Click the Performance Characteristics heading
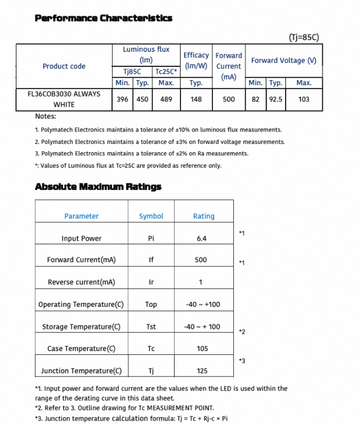coord(103,18)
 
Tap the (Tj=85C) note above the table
coord(304,37)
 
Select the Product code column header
coord(64,66)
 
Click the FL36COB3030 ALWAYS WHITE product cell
coord(64,99)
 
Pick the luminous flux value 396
coord(122,99)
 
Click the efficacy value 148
coord(196,99)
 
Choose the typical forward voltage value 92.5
coord(276,99)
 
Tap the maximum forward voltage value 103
coord(304,99)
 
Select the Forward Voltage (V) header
coord(283,60)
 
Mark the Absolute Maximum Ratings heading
coord(98,187)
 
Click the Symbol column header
coord(151,216)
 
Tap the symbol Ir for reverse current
coord(151,282)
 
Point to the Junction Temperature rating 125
coord(202,371)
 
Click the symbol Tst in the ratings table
coord(151,327)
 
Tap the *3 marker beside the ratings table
coord(242,360)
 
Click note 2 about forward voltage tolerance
coord(160,142)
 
